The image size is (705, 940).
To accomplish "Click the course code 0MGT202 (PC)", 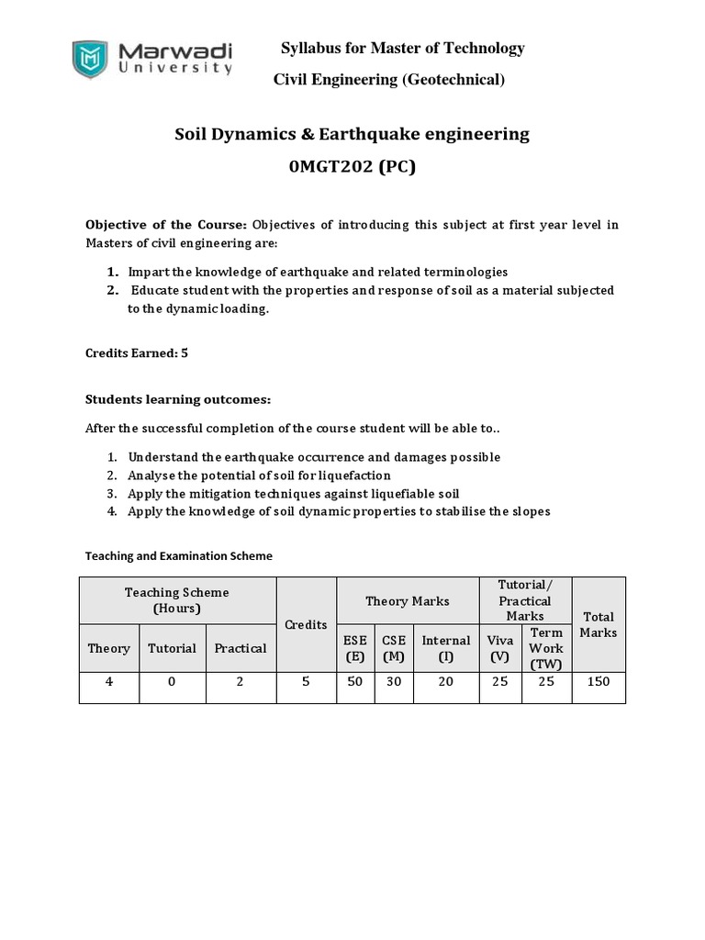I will click(x=352, y=169).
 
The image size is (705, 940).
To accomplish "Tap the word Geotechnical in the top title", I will click(x=452, y=80).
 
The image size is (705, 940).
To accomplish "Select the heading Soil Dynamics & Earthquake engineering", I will click(x=352, y=134).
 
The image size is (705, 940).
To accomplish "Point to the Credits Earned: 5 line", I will click(x=137, y=352).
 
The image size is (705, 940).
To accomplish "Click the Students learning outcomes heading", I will click(x=178, y=399).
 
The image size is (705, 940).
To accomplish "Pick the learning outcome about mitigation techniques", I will click(x=293, y=493).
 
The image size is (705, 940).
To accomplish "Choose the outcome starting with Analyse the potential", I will click(x=259, y=475).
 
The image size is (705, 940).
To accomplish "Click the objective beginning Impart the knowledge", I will click(x=317, y=272).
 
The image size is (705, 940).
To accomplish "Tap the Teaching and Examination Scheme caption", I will click(x=179, y=555).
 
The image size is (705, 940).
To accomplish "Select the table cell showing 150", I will click(x=599, y=683).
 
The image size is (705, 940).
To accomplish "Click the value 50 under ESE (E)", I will click(x=354, y=683).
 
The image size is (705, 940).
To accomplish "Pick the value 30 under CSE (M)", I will click(x=393, y=683).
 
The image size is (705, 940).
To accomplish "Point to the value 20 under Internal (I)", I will click(x=446, y=683).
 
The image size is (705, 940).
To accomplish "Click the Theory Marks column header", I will click(x=408, y=600).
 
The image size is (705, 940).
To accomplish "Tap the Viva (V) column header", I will click(x=500, y=648).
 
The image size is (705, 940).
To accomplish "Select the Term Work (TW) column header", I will click(x=546, y=648).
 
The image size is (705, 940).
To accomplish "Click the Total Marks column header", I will click(x=599, y=624).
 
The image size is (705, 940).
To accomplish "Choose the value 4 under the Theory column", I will click(x=109, y=683).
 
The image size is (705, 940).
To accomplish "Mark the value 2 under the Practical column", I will click(x=240, y=683).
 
